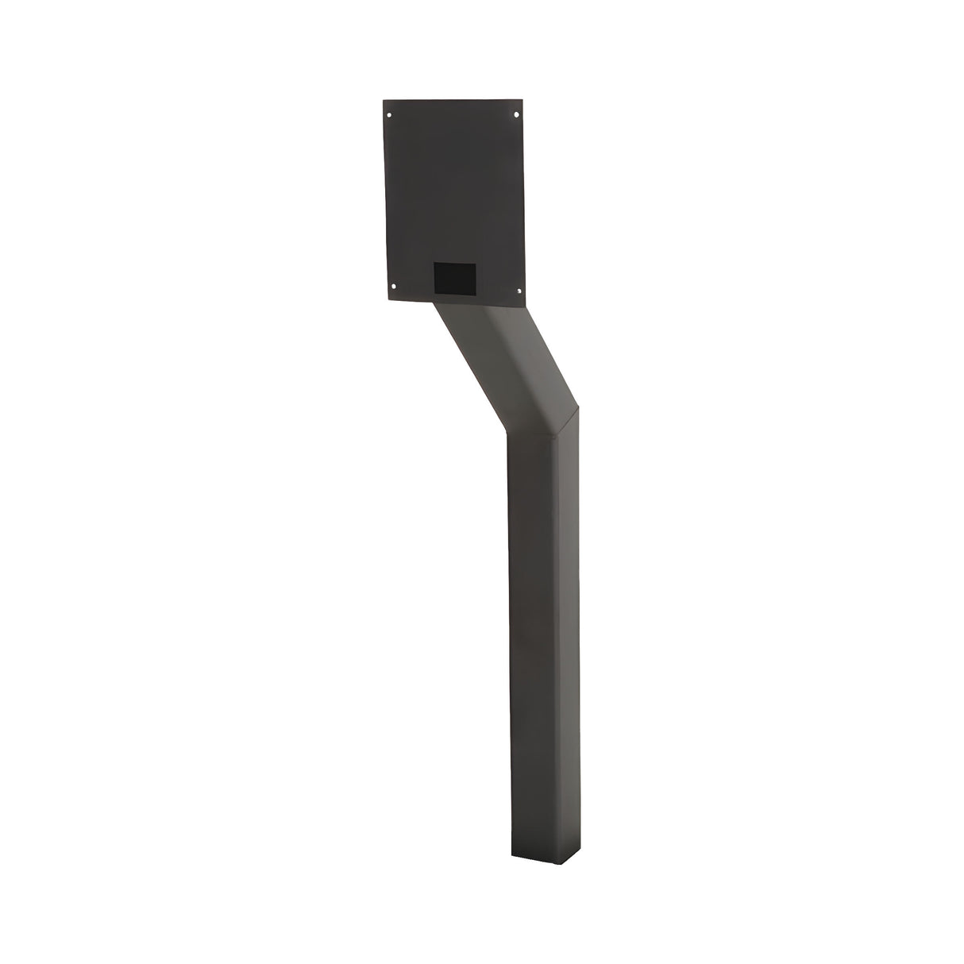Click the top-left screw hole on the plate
pyautogui.click(x=390, y=115)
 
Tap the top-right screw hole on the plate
pyautogui.click(x=517, y=114)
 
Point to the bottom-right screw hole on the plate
pyautogui.click(x=519, y=287)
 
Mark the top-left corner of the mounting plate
pyautogui.click(x=383, y=101)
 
